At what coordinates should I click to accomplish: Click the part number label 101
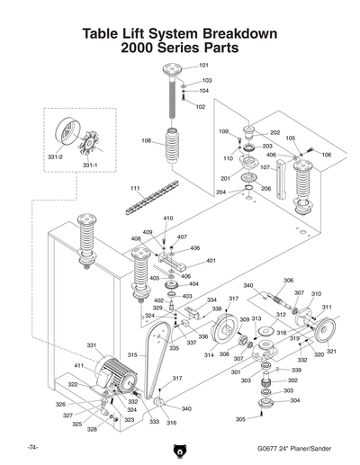[203, 67]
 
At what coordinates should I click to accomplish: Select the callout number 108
[146, 140]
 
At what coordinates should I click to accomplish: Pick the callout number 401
[211, 261]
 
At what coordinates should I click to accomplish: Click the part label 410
[167, 219]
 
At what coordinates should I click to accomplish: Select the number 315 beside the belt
[131, 355]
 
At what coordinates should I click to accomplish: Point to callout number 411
[79, 367]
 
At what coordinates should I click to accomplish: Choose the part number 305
[240, 419]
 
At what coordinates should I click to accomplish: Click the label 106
[326, 155]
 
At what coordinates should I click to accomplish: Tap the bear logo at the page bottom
[180, 447]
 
